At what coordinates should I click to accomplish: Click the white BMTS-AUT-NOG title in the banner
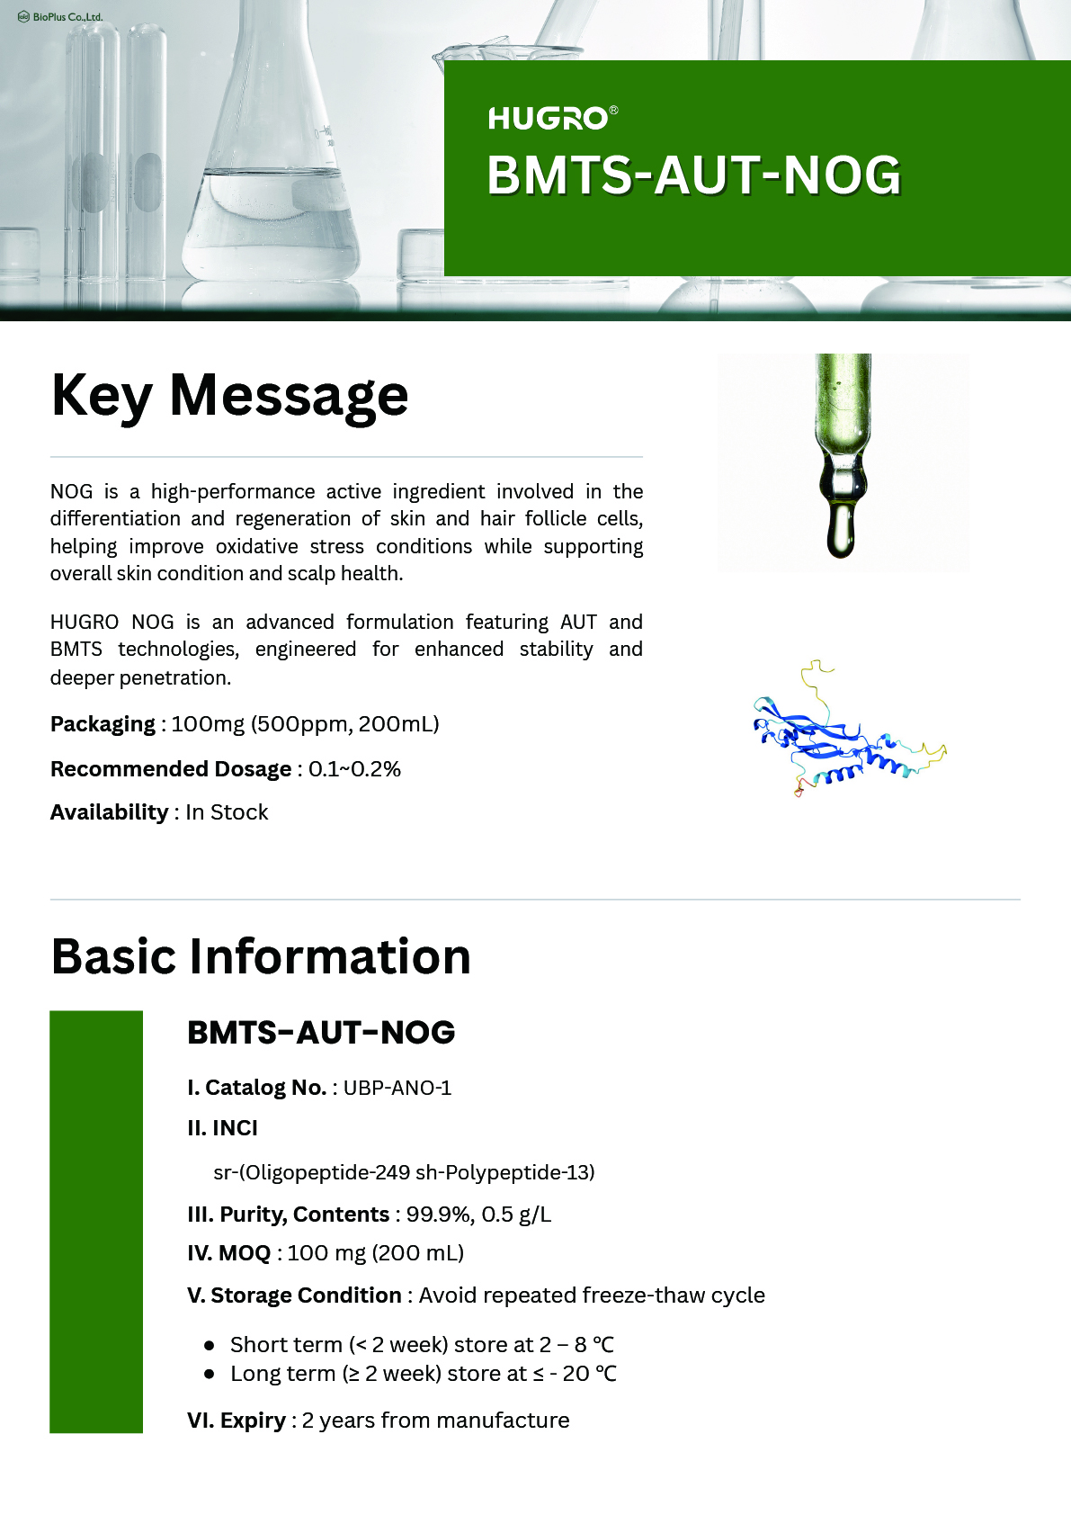(693, 175)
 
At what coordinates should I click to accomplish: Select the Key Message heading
(230, 396)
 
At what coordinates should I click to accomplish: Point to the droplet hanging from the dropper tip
(841, 531)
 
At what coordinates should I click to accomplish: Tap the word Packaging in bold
(103, 724)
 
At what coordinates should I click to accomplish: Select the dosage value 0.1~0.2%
(354, 769)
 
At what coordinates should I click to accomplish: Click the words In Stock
(227, 812)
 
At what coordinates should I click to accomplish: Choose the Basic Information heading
(261, 956)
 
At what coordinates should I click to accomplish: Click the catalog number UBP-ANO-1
(397, 1088)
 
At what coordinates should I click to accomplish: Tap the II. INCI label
(222, 1128)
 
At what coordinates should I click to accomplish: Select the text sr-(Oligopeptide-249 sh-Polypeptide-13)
(404, 1172)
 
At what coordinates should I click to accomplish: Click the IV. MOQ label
(228, 1253)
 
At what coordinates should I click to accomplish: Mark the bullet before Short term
(210, 1346)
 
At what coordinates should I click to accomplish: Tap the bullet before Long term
(210, 1374)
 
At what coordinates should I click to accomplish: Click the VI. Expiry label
(236, 1421)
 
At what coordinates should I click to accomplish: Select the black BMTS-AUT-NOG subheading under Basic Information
(321, 1033)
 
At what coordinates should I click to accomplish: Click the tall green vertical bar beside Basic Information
(96, 1221)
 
